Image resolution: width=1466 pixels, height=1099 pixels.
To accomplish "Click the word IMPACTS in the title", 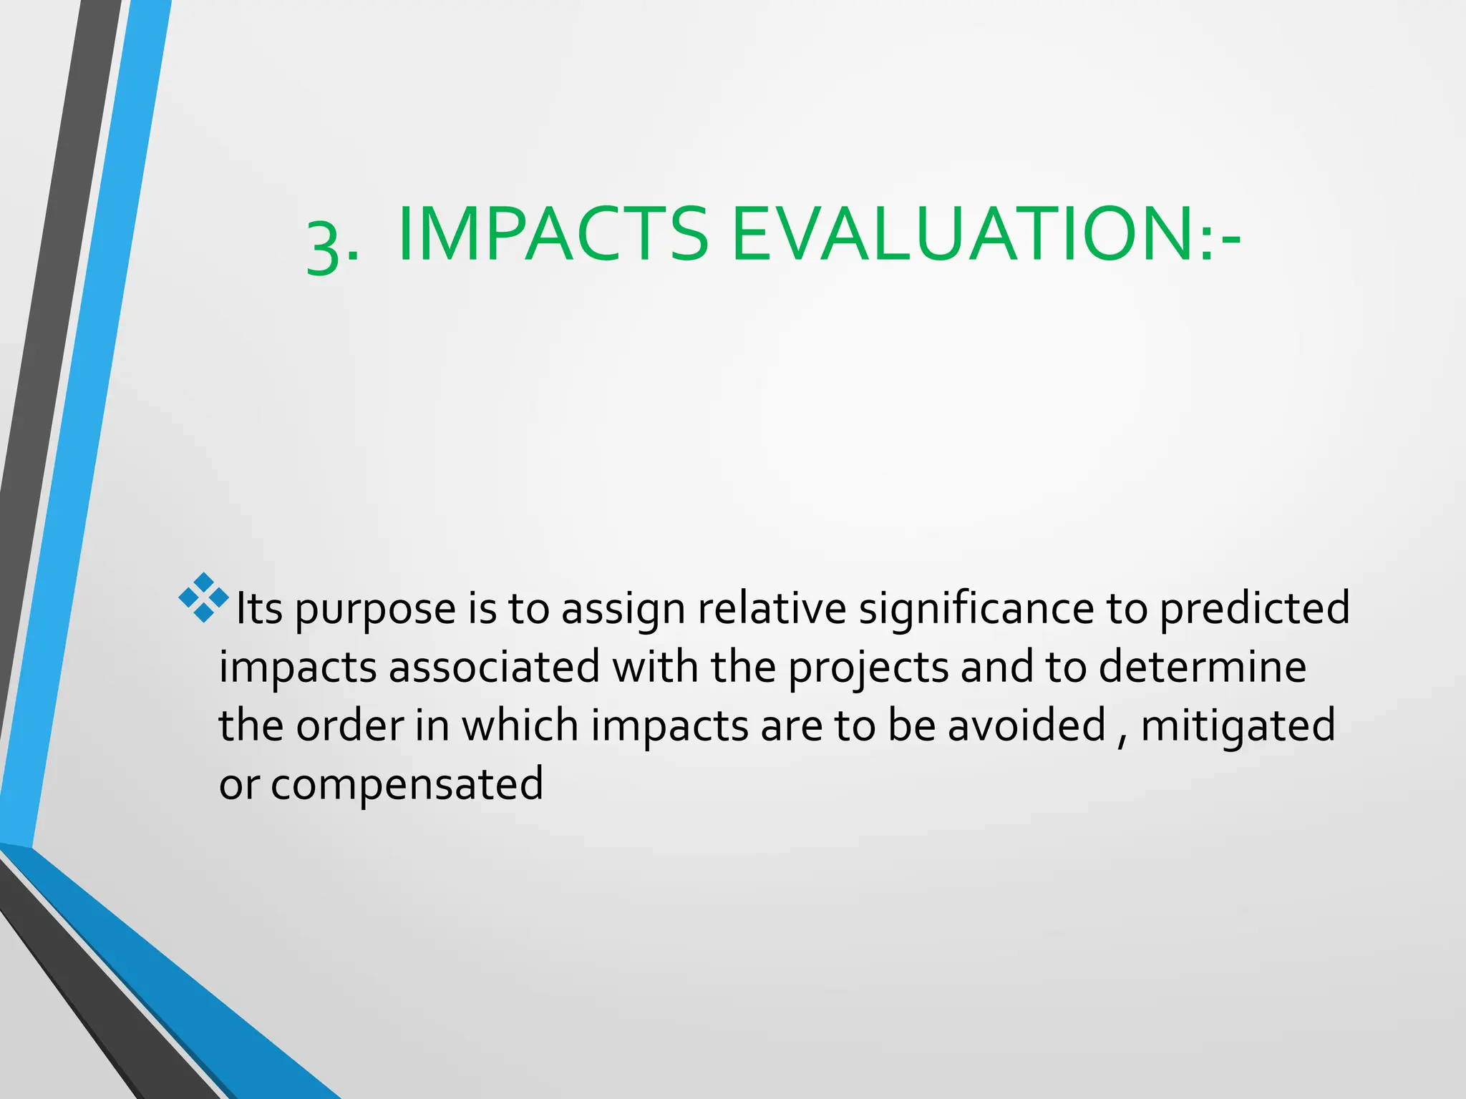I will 553,235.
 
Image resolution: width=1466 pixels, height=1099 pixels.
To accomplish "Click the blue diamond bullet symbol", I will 204,597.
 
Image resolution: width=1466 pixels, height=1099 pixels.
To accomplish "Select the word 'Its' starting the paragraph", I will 259,609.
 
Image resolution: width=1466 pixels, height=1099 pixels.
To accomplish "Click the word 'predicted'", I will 1254,609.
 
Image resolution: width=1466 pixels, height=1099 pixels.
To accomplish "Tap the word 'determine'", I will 1203,667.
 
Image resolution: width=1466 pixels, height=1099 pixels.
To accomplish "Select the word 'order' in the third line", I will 349,726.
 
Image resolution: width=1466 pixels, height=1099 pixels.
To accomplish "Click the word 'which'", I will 520,726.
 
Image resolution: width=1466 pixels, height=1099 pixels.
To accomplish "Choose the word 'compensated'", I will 407,785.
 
